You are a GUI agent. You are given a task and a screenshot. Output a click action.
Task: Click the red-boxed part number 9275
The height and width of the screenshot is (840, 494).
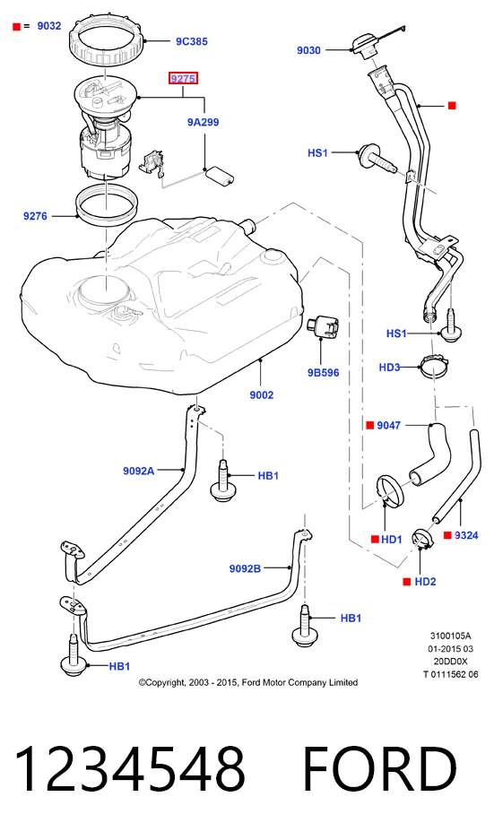coord(183,79)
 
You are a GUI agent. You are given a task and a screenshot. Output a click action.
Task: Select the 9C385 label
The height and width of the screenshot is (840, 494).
coord(192,41)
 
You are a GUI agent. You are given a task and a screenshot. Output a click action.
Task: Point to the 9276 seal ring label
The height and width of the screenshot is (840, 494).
coord(35,216)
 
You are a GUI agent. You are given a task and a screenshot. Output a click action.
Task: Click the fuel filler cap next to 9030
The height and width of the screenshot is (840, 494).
coord(365,46)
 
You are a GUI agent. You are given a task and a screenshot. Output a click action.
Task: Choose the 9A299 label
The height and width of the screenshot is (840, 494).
coord(203,122)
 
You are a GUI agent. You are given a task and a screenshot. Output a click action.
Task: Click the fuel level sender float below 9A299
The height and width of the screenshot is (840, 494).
coord(221,175)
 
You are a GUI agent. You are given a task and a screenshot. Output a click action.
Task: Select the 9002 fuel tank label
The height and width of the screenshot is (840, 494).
coord(262,394)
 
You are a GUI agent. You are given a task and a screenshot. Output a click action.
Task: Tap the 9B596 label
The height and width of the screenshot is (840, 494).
coord(323,372)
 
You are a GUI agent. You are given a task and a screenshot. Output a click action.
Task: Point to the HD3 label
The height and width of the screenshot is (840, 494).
coord(389,368)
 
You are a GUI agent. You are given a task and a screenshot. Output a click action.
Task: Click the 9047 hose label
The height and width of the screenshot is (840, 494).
coord(388,425)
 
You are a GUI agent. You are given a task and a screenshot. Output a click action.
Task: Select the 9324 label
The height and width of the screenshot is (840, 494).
coord(466,535)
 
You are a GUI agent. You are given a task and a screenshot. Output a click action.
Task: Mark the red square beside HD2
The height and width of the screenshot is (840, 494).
coord(407,582)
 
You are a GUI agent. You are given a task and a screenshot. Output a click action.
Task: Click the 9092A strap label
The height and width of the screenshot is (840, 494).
coord(138,471)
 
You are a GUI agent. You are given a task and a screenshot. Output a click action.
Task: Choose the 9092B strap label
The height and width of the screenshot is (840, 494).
coord(245,568)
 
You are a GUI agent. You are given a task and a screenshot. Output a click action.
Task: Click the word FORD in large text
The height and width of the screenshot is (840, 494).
coord(380,770)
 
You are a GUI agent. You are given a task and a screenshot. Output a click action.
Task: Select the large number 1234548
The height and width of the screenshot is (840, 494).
coord(129,770)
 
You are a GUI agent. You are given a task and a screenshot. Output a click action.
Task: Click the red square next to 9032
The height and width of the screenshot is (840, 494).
coord(17,26)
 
